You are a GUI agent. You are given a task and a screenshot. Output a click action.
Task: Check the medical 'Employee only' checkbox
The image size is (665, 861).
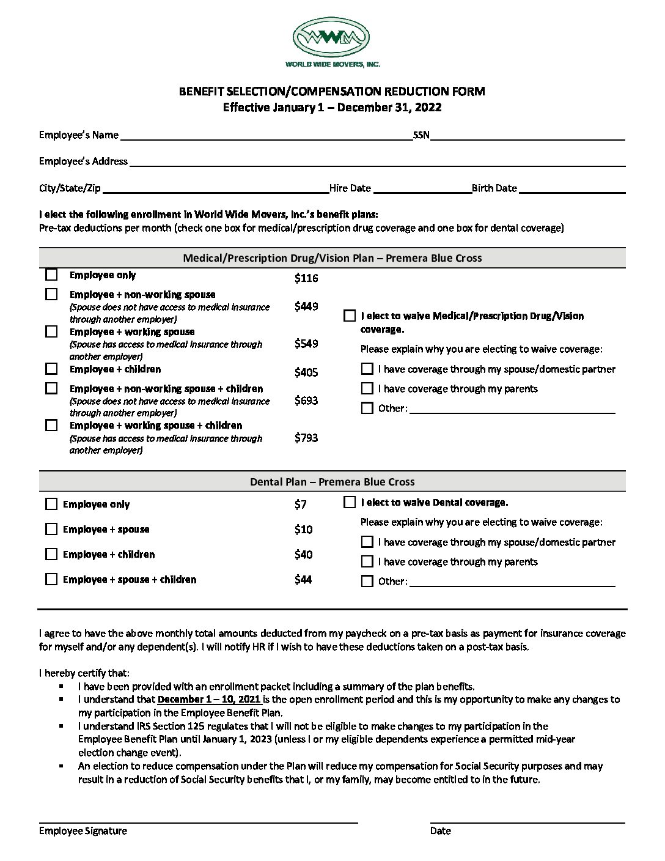[51, 275]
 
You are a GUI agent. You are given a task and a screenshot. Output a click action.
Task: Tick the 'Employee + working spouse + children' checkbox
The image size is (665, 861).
[51, 425]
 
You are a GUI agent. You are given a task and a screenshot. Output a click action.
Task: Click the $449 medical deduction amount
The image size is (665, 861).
[306, 306]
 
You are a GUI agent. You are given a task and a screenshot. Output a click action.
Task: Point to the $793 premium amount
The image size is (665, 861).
[306, 438]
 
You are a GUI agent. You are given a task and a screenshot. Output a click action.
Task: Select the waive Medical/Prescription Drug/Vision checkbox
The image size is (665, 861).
[350, 316]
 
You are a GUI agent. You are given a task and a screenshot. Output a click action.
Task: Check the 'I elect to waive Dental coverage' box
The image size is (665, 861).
[350, 502]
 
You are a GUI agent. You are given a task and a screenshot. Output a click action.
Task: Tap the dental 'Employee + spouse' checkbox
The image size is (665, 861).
[51, 529]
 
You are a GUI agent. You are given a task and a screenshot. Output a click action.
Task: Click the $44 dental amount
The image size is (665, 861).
[303, 580]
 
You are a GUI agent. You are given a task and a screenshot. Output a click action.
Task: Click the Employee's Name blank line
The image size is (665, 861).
[266, 136]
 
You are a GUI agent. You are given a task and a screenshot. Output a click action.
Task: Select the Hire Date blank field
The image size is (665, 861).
[422, 189]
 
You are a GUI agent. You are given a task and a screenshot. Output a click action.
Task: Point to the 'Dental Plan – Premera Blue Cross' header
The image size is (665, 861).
[332, 482]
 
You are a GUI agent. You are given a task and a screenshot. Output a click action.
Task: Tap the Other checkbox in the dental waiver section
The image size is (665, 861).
[367, 581]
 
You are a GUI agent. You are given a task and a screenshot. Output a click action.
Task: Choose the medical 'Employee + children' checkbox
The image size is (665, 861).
[51, 369]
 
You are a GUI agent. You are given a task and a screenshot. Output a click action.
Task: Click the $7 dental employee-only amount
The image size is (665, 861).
[300, 504]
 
